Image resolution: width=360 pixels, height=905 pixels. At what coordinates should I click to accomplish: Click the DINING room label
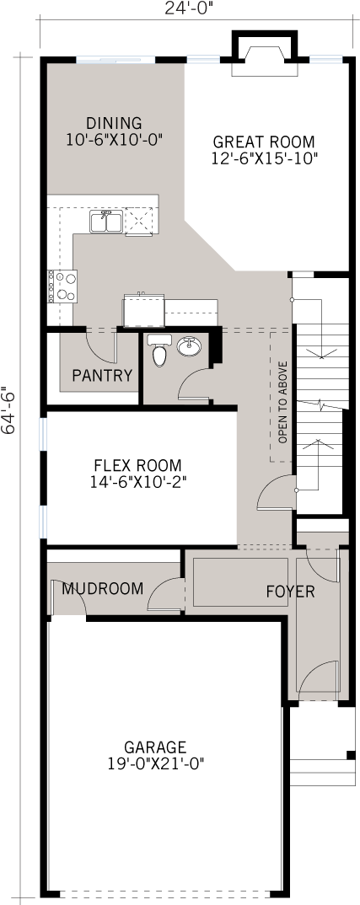point(114,123)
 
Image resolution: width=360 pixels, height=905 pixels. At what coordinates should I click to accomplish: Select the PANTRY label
point(102,375)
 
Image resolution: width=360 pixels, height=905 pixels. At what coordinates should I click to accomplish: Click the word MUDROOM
point(102,588)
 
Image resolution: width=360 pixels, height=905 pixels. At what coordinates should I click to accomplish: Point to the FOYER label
point(290,592)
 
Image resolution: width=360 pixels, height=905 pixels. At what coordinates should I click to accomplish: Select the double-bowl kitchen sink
point(105,222)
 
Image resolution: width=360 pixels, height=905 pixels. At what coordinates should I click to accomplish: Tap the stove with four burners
point(63,286)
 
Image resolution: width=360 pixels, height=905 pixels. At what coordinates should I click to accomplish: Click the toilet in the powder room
point(158,351)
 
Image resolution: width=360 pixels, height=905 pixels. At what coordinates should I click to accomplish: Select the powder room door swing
point(193,385)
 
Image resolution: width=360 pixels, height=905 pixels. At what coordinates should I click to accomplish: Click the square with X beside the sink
point(137,221)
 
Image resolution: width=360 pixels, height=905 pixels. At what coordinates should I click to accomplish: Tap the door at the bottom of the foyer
point(319,680)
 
